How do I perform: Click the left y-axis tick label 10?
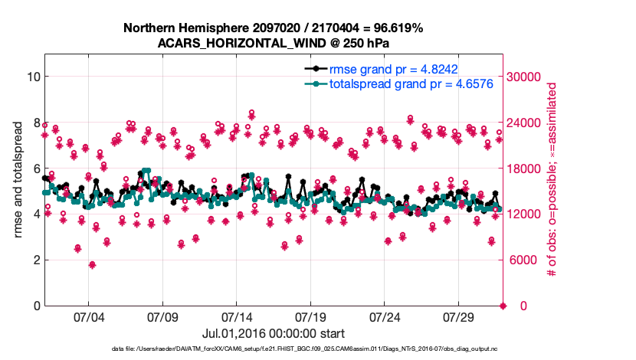coord(32,77)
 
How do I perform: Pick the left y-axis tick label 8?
coord(35,123)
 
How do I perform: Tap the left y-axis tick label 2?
coord(35,260)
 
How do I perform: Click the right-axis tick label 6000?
coord(522,260)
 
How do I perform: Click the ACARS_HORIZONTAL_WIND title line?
coord(274,43)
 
